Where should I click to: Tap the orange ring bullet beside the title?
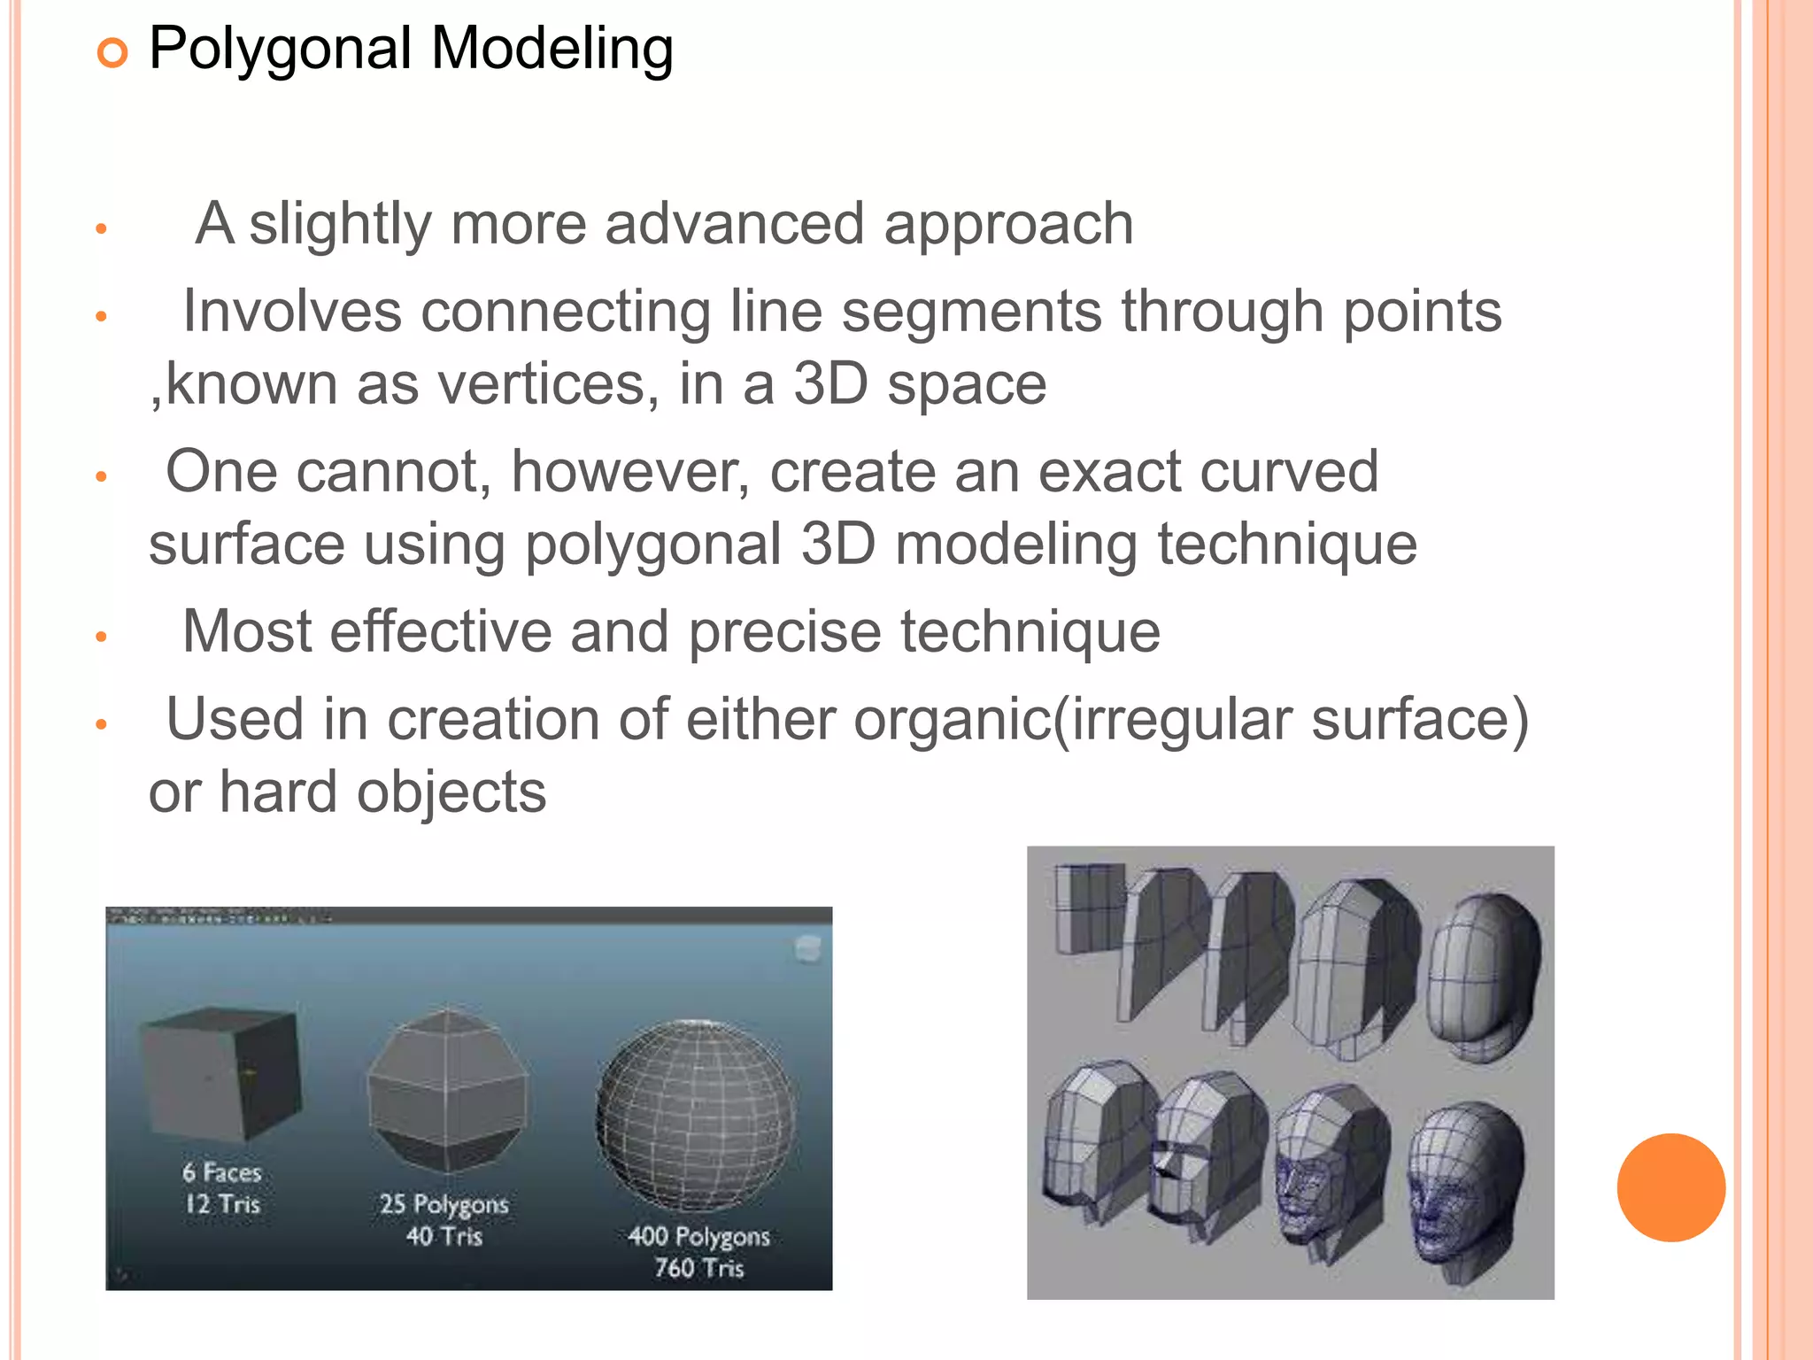click(112, 54)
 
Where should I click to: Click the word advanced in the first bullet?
click(734, 224)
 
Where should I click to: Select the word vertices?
click(548, 385)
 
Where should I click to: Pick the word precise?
click(784, 633)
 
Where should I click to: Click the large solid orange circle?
click(1670, 1187)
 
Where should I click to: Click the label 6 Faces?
click(222, 1172)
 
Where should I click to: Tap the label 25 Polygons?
click(444, 1204)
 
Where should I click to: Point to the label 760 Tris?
click(698, 1268)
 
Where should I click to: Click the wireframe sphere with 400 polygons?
click(696, 1115)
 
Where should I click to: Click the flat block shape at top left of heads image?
click(1089, 908)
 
